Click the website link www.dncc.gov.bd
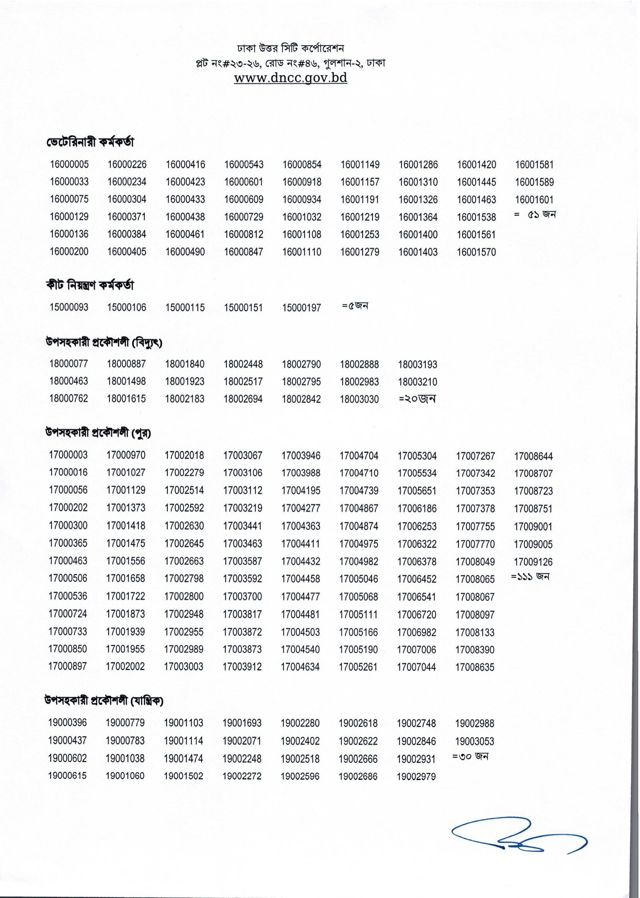click(x=291, y=78)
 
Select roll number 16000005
click(x=69, y=164)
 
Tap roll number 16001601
click(x=534, y=199)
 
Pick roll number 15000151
click(x=243, y=307)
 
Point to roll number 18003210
click(x=417, y=382)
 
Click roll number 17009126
click(x=533, y=562)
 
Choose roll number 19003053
click(x=475, y=741)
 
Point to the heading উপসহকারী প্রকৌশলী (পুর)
click(x=98, y=433)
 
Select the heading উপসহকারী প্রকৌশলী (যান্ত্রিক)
click(x=104, y=700)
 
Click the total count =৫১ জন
click(x=535, y=215)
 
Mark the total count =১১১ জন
click(x=530, y=577)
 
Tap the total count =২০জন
click(x=417, y=399)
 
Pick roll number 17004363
click(x=301, y=526)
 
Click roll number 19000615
click(x=68, y=776)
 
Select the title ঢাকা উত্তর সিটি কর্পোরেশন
click(x=291, y=48)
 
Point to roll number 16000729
click(x=243, y=217)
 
